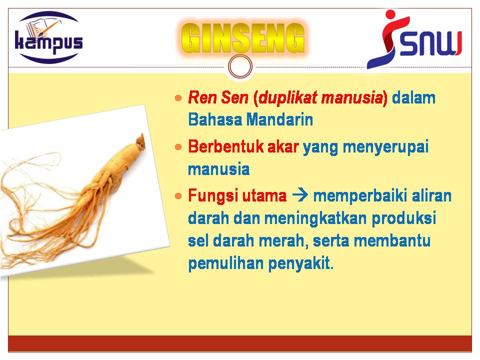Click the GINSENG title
tap(242, 38)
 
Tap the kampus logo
tap(49, 37)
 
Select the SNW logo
tap(414, 39)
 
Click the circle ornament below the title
tap(240, 66)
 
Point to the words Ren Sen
tap(218, 97)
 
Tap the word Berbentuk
tap(226, 146)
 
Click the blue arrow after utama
tap(300, 195)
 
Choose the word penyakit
tap(300, 263)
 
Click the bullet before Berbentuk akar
tap(178, 147)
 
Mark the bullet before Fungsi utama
tap(178, 196)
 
